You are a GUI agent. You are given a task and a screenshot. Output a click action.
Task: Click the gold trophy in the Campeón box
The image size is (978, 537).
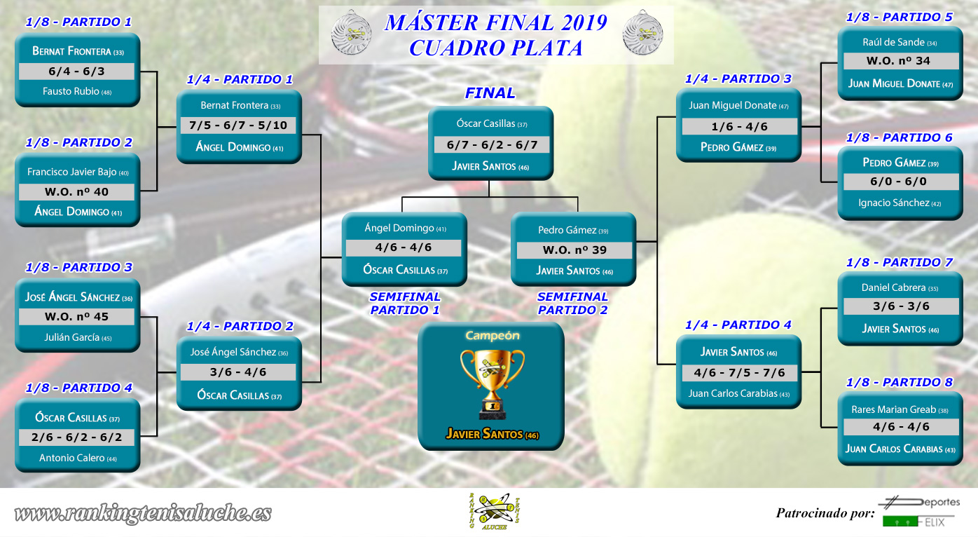(x=492, y=384)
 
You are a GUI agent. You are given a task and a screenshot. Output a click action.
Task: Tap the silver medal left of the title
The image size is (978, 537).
(x=351, y=33)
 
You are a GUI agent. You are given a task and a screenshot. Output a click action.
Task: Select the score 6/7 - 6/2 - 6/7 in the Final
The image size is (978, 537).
(x=492, y=145)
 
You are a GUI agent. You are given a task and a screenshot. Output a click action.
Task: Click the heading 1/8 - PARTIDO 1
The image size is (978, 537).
(x=78, y=22)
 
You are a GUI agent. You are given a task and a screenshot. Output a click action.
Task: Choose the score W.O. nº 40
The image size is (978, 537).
(x=76, y=192)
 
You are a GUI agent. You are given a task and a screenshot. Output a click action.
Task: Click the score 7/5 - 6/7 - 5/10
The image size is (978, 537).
(x=238, y=125)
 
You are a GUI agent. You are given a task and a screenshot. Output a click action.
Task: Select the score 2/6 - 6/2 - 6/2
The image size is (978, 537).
(x=76, y=437)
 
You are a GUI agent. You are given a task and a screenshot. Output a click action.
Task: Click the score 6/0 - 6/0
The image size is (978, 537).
(x=898, y=182)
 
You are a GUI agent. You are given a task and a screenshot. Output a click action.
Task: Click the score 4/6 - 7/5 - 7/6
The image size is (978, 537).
(x=739, y=373)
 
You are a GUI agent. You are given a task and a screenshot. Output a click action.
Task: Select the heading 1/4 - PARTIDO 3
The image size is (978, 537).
(x=738, y=79)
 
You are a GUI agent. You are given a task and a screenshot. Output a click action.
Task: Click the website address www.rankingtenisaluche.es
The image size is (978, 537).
(x=143, y=513)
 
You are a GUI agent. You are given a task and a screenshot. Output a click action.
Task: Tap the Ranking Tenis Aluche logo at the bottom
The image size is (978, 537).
(x=494, y=511)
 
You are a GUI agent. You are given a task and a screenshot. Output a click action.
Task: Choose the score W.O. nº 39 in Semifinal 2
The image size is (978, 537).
(x=574, y=250)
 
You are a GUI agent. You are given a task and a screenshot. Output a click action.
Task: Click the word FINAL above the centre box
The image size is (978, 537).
(x=490, y=93)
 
